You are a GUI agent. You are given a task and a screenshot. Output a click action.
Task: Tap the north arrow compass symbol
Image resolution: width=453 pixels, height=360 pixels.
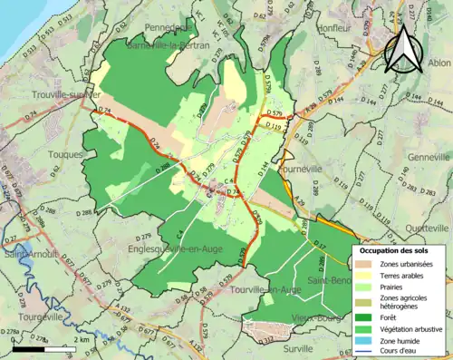click(404, 47)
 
